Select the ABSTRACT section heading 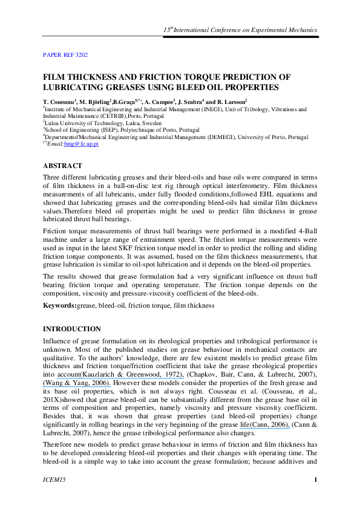tap(62, 165)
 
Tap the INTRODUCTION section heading tap(72, 329)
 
